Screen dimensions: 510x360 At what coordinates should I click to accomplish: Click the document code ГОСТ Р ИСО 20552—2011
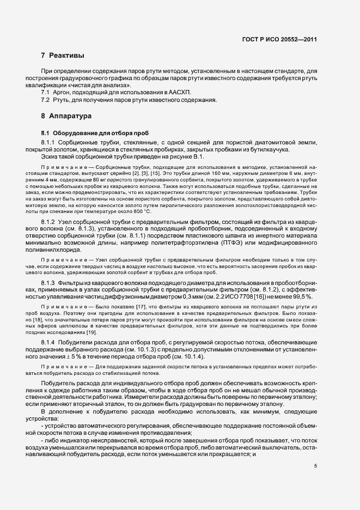click(x=279, y=40)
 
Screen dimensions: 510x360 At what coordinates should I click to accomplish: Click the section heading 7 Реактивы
click(x=62, y=56)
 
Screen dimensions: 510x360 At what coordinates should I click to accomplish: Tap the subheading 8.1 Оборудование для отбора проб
click(x=86, y=133)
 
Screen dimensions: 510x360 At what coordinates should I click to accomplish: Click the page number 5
click(x=315, y=465)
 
